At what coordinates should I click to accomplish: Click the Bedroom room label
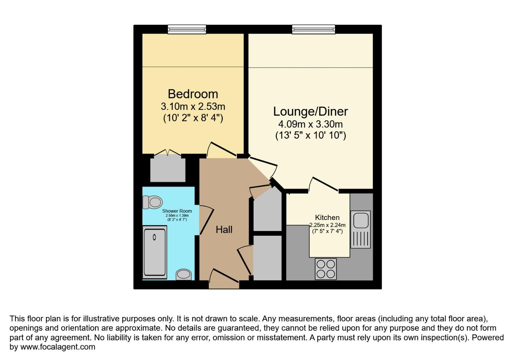(193, 94)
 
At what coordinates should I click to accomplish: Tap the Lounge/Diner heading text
(311, 111)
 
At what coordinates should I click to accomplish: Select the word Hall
(224, 229)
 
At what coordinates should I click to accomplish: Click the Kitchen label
(327, 217)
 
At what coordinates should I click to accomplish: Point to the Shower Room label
(177, 211)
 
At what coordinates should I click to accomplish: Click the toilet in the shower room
(153, 202)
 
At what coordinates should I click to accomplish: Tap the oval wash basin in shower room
(184, 274)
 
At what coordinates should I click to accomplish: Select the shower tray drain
(154, 237)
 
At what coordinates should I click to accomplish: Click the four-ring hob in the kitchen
(326, 269)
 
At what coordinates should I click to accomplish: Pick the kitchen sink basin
(361, 220)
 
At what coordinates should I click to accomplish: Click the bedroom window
(187, 30)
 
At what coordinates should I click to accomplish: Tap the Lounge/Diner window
(314, 30)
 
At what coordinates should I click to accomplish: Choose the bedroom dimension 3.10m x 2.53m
(193, 107)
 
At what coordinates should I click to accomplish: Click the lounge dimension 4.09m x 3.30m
(311, 124)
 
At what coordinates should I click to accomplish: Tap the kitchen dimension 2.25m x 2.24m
(328, 225)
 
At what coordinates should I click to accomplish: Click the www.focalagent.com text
(58, 347)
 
